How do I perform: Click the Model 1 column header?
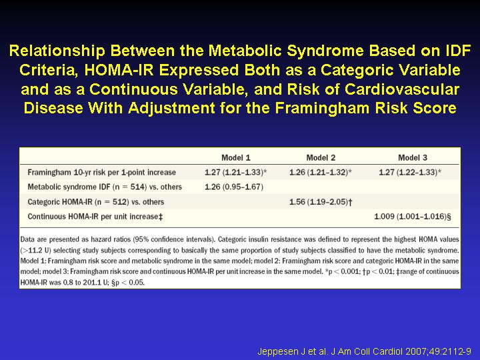click(x=236, y=157)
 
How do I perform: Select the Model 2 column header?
click(x=321, y=157)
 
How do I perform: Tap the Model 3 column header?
click(x=413, y=157)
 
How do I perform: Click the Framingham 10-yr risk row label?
click(x=101, y=173)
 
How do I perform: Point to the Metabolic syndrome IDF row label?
click(x=105, y=187)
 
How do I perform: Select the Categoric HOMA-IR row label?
click(x=96, y=202)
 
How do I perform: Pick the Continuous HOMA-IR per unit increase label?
click(x=95, y=217)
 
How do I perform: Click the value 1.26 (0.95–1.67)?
click(x=234, y=187)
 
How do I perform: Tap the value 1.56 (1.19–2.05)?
click(x=321, y=202)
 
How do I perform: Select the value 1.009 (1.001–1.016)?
click(x=413, y=217)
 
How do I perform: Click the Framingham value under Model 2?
click(x=321, y=173)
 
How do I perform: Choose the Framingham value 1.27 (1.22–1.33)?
click(x=410, y=173)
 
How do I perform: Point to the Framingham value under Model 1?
click(x=236, y=173)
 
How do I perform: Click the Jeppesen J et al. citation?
click(x=364, y=351)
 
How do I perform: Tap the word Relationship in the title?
click(x=57, y=51)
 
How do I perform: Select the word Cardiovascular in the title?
click(x=401, y=89)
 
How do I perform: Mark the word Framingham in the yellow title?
click(x=322, y=108)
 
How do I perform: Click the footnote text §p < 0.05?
click(x=128, y=282)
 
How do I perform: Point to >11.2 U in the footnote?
click(x=35, y=251)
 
